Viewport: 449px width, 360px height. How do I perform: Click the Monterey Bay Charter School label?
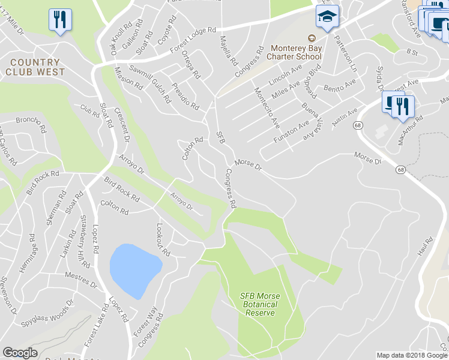[296, 52]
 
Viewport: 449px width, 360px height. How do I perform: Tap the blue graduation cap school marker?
[327, 18]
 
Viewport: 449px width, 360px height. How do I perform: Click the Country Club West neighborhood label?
[35, 67]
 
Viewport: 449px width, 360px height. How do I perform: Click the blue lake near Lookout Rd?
[134, 269]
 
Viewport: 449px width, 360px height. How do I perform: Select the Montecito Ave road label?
[267, 108]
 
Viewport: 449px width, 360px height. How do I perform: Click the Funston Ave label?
[291, 131]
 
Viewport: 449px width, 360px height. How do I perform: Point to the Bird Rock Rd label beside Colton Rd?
[122, 190]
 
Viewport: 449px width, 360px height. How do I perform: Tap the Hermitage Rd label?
[28, 257]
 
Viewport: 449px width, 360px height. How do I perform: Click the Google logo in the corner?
[20, 353]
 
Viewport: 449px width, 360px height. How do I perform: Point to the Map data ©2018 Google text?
[412, 355]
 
